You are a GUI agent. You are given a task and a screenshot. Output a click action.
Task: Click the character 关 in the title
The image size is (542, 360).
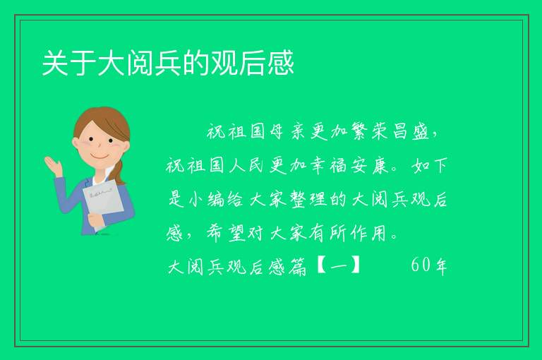(x=55, y=63)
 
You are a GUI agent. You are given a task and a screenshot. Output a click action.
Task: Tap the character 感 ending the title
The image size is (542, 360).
(x=281, y=63)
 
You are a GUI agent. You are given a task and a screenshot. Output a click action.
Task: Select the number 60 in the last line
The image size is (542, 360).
(x=421, y=265)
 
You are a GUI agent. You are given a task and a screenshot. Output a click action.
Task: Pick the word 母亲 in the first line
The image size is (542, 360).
(x=288, y=131)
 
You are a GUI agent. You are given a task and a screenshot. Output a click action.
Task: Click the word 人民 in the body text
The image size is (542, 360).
(x=246, y=165)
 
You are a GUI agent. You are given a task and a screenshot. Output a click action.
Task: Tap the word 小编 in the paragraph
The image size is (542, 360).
(x=206, y=199)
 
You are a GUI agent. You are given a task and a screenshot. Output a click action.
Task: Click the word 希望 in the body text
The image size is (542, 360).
(x=227, y=233)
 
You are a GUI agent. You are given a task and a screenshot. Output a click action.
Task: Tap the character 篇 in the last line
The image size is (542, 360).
(x=298, y=266)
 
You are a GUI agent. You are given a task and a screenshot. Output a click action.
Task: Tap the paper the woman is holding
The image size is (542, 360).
(x=103, y=203)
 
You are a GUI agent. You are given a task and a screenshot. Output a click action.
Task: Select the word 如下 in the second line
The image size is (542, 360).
(x=430, y=165)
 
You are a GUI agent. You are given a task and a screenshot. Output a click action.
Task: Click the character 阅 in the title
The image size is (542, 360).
(x=140, y=63)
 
